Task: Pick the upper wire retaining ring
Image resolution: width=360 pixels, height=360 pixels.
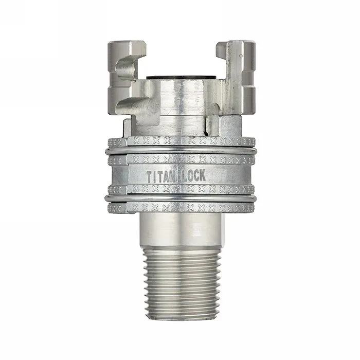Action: tap(180, 151)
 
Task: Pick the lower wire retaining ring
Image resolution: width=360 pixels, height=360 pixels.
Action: tap(180, 198)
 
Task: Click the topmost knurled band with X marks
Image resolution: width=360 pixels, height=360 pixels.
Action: tap(180, 141)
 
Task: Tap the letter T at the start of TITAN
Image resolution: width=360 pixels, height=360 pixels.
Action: tap(150, 176)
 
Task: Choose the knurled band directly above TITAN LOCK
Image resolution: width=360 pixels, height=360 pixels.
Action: tap(180, 160)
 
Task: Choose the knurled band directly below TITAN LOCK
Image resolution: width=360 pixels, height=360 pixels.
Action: tap(180, 189)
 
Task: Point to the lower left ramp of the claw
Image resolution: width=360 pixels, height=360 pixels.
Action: tap(131, 105)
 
